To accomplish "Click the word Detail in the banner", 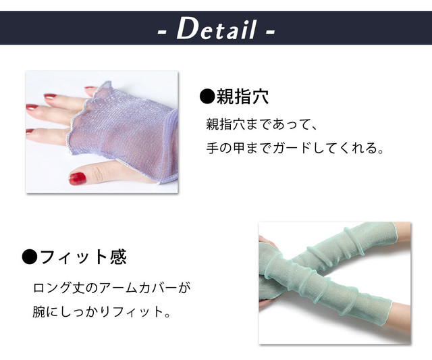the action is pyautogui.click(x=216, y=29).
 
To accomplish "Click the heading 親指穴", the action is pyautogui.click(x=242, y=97).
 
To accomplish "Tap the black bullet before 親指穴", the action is pyautogui.click(x=207, y=97).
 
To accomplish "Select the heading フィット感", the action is pyautogui.click(x=84, y=257).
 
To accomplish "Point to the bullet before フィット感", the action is pyautogui.click(x=30, y=257).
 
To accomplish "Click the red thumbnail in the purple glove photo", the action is pyautogui.click(x=78, y=178).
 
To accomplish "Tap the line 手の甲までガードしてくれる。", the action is pyautogui.click(x=295, y=148).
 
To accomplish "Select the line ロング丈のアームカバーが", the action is pyautogui.click(x=111, y=288).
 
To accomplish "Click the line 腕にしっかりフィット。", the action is pyautogui.click(x=102, y=312).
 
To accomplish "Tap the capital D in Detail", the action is pyautogui.click(x=188, y=28).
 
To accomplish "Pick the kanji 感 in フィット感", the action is pyautogui.click(x=119, y=257).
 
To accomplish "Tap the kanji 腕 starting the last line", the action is pyautogui.click(x=39, y=312).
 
